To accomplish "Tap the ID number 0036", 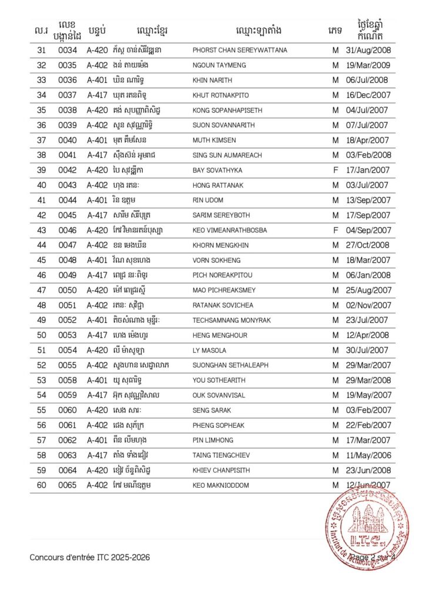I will pyautogui.click(x=68, y=80).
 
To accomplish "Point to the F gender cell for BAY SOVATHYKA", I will pyautogui.click(x=336, y=170).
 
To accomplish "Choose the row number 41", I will pyautogui.click(x=41, y=200).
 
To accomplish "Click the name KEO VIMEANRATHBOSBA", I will pyautogui.click(x=229, y=231).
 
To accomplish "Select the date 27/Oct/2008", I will pyautogui.click(x=368, y=245).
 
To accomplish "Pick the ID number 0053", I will pyautogui.click(x=68, y=335).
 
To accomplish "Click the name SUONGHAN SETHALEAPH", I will pyautogui.click(x=230, y=365).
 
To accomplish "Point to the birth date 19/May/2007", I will pyautogui.click(x=368, y=395).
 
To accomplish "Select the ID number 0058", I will pyautogui.click(x=68, y=380).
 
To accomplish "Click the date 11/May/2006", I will pyautogui.click(x=368, y=455).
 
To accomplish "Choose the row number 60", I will pyautogui.click(x=41, y=485).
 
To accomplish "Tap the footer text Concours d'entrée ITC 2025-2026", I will pyautogui.click(x=90, y=557).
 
